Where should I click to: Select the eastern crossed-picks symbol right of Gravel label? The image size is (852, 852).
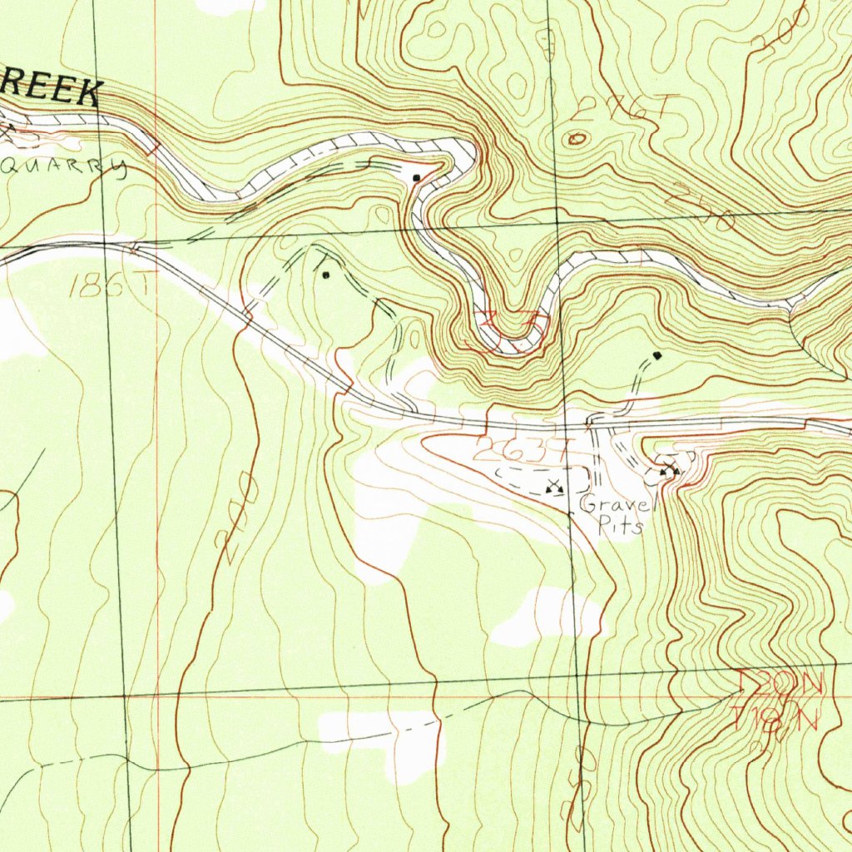pos(670,472)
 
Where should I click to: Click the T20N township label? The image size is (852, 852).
pos(780,685)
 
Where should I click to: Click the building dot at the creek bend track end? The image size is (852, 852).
pos(417,178)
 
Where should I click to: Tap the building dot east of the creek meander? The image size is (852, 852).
pos(657,356)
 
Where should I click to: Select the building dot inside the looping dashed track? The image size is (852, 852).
pos(326,275)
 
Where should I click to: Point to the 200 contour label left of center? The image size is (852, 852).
pos(235,511)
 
